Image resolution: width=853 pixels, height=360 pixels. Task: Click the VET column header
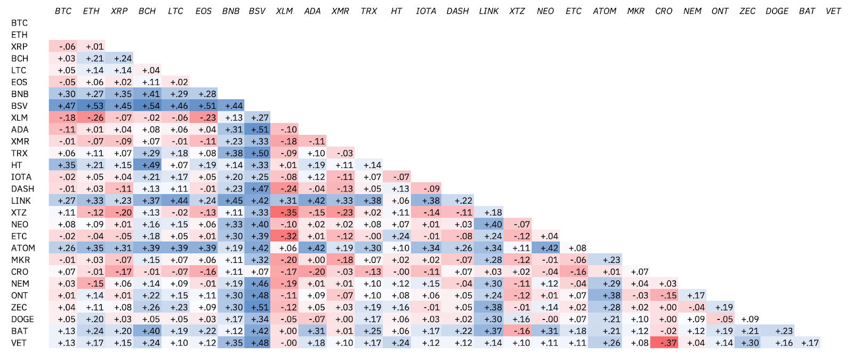tap(833, 11)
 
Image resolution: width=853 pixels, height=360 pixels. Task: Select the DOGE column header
tap(777, 11)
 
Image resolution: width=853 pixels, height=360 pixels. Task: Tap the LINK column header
tap(488, 11)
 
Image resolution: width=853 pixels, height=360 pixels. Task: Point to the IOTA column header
tap(426, 11)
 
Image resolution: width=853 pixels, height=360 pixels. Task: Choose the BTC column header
tap(63, 11)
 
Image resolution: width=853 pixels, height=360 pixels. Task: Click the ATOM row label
tap(23, 248)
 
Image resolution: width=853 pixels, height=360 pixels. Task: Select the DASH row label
tap(22, 189)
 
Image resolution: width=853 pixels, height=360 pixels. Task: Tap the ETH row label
tap(19, 35)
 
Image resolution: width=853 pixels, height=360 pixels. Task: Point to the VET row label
tap(19, 343)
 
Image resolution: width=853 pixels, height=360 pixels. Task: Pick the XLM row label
tap(19, 118)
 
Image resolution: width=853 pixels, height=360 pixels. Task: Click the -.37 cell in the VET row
tap(664, 343)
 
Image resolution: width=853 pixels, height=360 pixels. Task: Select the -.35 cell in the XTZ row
tap(285, 213)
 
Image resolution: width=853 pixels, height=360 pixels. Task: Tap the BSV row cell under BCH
tap(147, 106)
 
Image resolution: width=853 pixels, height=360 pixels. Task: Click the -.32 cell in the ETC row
tap(285, 236)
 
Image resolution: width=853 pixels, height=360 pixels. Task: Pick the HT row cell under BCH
tap(147, 165)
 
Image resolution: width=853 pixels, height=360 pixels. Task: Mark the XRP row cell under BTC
tap(63, 47)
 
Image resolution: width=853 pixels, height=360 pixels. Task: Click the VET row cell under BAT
tap(807, 343)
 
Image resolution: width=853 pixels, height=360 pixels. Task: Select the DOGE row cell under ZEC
tap(747, 319)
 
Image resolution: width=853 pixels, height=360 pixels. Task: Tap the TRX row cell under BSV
tap(257, 154)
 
